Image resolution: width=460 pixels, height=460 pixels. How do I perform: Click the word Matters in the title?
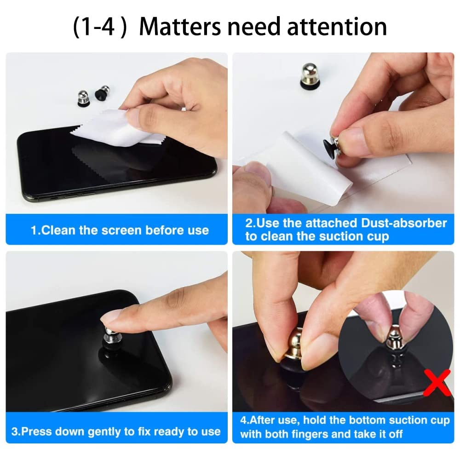coord(180,27)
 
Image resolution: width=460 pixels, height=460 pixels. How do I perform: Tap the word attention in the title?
coord(337,27)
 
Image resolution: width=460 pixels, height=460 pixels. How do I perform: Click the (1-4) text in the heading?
coord(100,27)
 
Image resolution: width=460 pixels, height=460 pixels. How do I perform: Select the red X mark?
coord(437,382)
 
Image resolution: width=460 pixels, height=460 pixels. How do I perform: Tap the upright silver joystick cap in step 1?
coord(83,97)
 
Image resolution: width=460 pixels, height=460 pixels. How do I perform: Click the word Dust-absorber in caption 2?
coord(404,223)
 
